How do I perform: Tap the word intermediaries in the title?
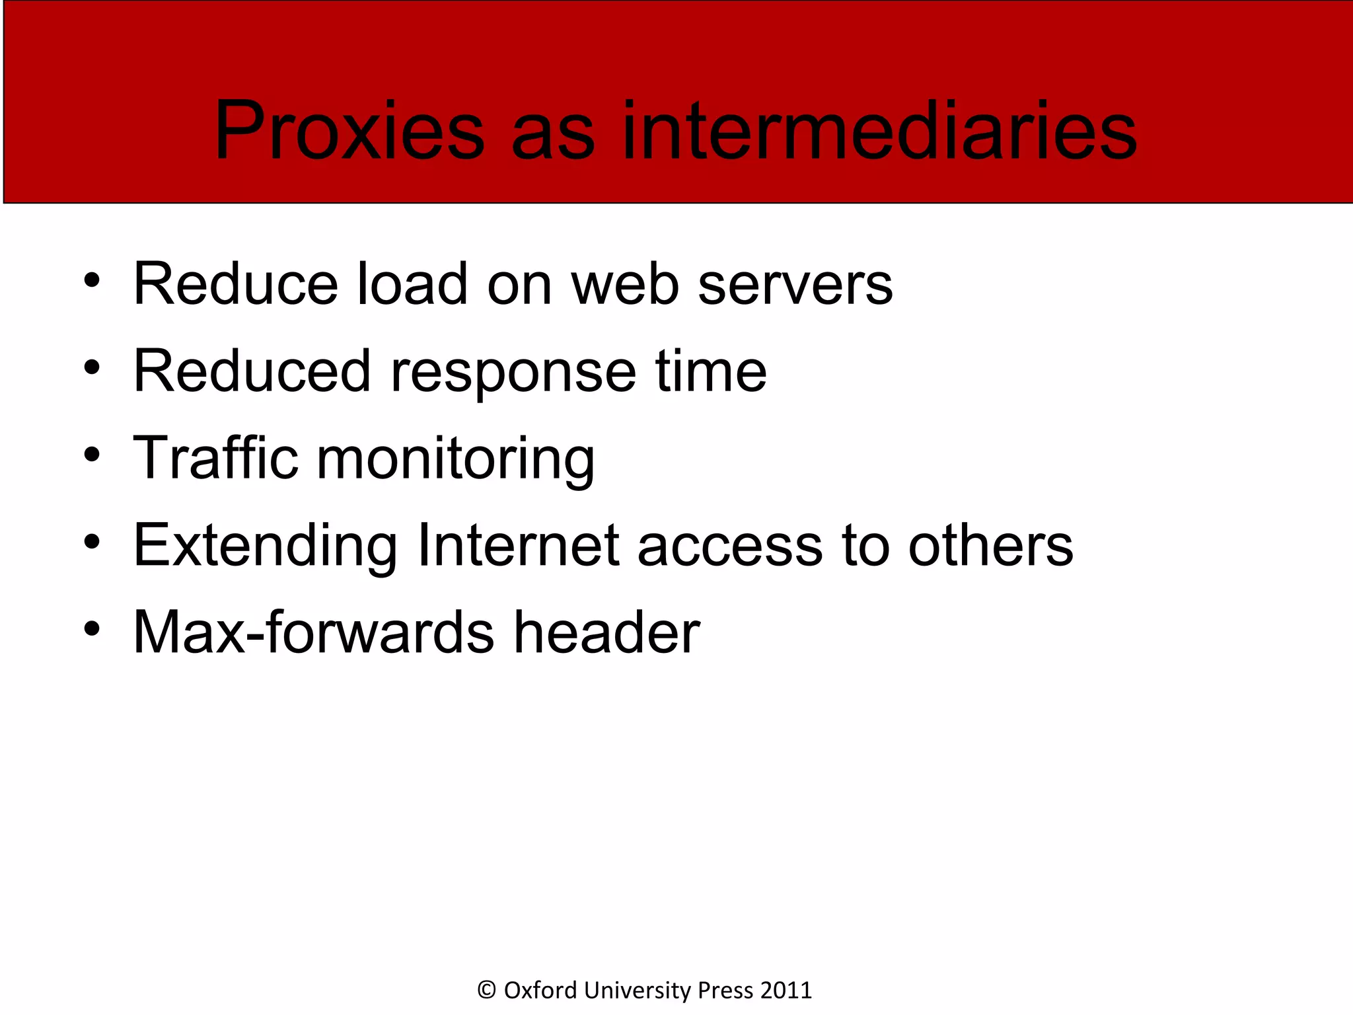(x=879, y=130)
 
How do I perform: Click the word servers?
(x=795, y=284)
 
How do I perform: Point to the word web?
(x=625, y=284)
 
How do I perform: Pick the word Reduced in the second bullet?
(x=252, y=371)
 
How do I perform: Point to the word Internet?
(x=519, y=546)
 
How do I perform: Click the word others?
(x=991, y=546)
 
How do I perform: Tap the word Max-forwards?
(x=313, y=632)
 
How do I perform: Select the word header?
(x=606, y=632)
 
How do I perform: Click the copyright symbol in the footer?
(x=486, y=990)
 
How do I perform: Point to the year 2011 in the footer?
(x=786, y=990)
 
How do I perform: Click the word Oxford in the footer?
(x=540, y=990)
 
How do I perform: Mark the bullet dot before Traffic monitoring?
(x=92, y=455)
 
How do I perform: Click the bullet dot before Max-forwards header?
(x=92, y=629)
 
